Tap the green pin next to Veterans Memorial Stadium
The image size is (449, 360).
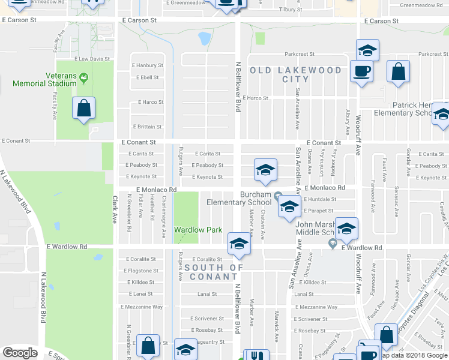[x=83, y=76]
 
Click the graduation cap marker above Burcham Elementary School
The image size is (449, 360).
[x=265, y=170]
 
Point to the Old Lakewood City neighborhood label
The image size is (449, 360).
[x=295, y=74]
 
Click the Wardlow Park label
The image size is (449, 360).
[x=198, y=230]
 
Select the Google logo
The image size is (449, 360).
[x=20, y=353]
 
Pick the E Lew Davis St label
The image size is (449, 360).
[x=93, y=59]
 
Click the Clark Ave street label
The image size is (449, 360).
[x=113, y=209]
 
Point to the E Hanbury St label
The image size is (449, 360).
[x=147, y=65]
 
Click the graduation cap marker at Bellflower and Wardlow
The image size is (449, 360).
[x=238, y=244]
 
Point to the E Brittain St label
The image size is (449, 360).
[x=146, y=127]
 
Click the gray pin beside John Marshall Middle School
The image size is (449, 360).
[x=333, y=243]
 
